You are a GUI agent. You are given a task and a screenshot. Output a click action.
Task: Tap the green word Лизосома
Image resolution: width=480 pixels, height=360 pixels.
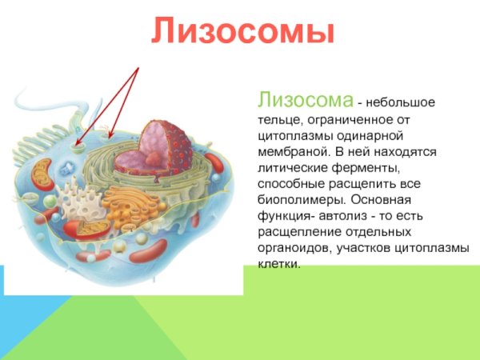(305, 101)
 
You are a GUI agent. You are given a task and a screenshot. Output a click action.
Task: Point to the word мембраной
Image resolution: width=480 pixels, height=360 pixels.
(288, 150)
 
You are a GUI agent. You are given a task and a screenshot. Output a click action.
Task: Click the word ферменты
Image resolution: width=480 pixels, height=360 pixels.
(362, 167)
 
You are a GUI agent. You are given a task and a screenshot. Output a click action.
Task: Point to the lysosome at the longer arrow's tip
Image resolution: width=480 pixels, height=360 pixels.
(78, 147)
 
